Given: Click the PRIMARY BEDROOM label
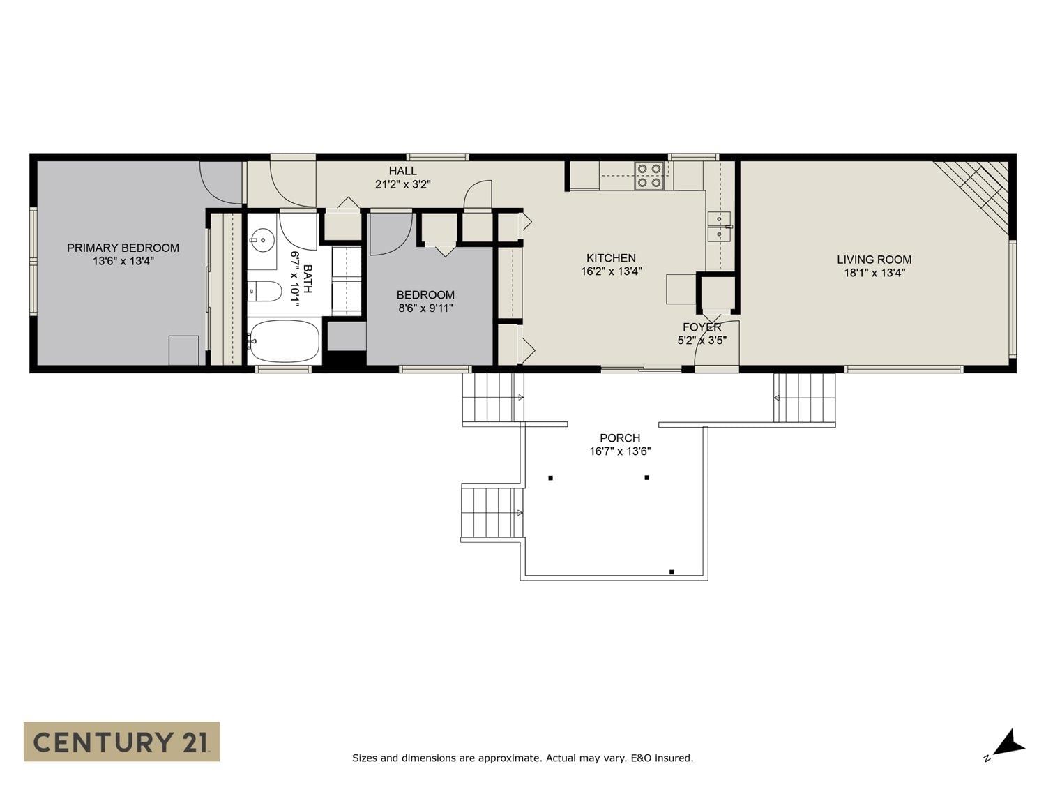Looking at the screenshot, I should [x=123, y=248].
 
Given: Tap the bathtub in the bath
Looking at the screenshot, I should [x=284, y=341].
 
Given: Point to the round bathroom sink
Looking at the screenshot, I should [x=262, y=241].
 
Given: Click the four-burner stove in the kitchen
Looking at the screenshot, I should [x=649, y=176].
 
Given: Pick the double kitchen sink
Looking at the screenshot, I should [x=718, y=226].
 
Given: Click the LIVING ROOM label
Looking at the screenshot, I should [x=874, y=260].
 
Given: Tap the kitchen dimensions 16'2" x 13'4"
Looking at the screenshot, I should [x=611, y=271].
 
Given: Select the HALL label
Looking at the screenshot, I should [x=402, y=171].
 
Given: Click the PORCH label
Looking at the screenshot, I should [x=619, y=438].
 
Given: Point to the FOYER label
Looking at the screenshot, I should [x=702, y=327].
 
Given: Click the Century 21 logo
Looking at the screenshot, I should [x=121, y=741].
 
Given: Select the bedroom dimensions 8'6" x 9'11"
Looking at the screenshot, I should [x=425, y=308].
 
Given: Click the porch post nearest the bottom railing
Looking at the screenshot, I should [x=672, y=572].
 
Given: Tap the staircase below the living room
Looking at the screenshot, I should [x=805, y=398].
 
